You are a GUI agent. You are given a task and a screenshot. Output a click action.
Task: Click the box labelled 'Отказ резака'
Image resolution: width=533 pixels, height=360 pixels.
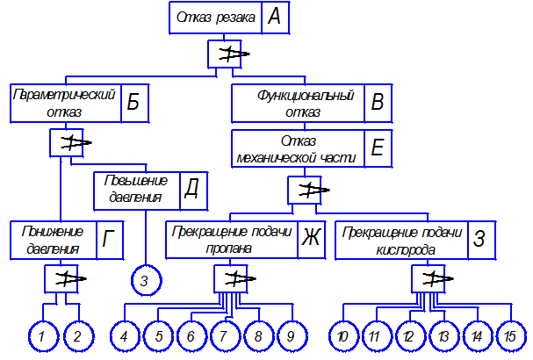click(216, 17)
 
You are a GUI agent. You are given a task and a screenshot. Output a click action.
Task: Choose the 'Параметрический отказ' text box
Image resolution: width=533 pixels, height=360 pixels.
click(64, 103)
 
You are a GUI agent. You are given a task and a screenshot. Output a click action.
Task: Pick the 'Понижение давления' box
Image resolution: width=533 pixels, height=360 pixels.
click(52, 240)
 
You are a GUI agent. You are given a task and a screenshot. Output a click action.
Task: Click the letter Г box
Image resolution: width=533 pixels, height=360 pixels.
click(108, 240)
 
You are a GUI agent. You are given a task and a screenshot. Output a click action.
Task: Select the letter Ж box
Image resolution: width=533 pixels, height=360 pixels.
click(310, 240)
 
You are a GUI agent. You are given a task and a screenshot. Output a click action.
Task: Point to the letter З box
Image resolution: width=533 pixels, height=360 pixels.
click(478, 240)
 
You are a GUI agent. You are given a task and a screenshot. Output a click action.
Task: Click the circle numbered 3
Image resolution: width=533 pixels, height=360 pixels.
click(145, 281)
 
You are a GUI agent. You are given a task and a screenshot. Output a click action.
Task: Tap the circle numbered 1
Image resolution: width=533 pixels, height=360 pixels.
click(40, 335)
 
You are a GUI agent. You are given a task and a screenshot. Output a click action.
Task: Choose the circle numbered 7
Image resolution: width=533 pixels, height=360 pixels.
click(226, 335)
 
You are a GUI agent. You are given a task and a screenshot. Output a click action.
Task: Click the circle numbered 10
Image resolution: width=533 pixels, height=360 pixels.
click(343, 335)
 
